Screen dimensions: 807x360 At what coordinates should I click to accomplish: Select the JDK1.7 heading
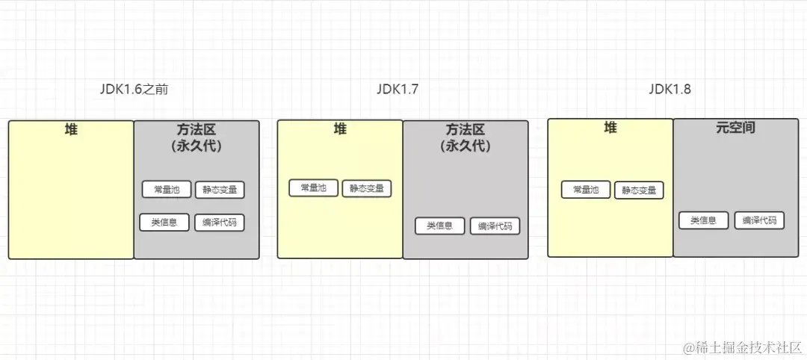tap(397, 89)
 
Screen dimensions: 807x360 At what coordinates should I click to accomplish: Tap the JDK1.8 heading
tap(670, 89)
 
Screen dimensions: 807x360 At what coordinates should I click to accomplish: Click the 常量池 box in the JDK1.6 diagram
tap(167, 190)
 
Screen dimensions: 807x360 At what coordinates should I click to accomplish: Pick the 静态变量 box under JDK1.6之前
tap(220, 190)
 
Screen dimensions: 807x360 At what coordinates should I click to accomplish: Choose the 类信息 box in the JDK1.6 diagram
tap(164, 222)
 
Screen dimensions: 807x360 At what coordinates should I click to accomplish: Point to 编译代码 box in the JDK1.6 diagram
tap(219, 223)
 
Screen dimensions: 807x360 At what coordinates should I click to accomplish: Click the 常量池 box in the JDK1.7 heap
tap(314, 188)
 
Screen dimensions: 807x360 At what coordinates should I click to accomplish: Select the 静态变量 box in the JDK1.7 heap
tap(367, 189)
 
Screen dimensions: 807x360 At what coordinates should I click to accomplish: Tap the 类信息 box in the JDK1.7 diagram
tap(440, 226)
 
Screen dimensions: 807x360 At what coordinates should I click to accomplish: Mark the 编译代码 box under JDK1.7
tap(495, 226)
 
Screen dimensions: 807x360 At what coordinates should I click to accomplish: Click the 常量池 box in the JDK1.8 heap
tap(586, 190)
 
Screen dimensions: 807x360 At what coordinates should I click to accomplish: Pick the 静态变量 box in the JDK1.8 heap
tap(639, 190)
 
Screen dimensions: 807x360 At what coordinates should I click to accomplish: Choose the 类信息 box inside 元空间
tap(703, 220)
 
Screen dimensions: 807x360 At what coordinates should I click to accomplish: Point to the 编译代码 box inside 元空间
tap(759, 220)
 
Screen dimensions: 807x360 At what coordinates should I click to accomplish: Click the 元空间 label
tap(735, 128)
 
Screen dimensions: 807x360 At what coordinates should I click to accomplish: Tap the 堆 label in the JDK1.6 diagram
tap(71, 130)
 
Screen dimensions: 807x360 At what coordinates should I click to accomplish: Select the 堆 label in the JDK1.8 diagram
tap(610, 128)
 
